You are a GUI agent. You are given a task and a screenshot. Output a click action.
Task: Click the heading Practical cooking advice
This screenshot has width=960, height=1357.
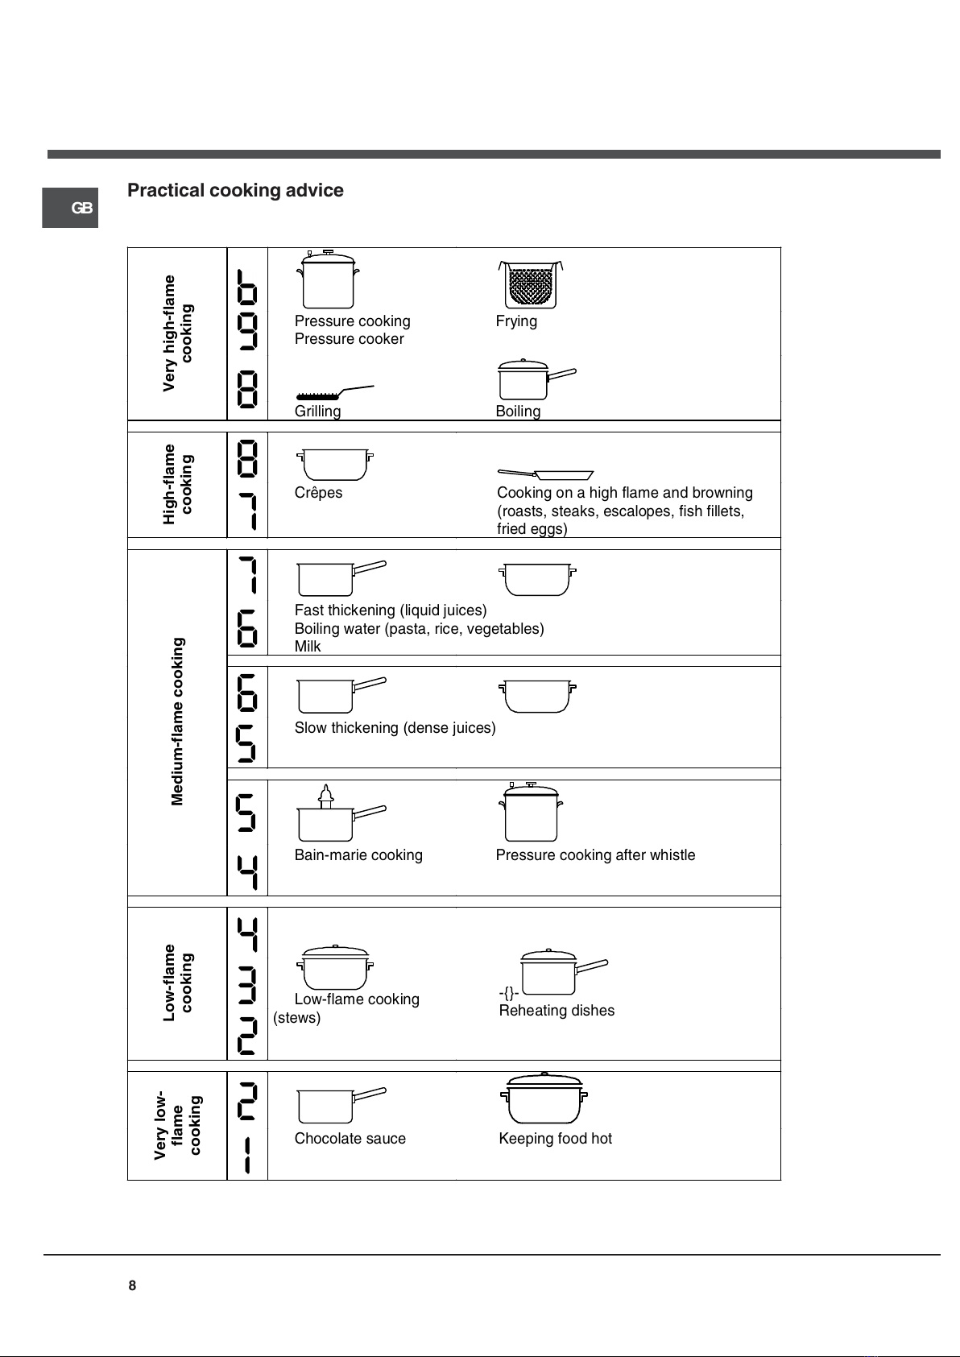tap(235, 190)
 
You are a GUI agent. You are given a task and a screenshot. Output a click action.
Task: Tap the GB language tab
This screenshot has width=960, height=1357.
tap(69, 208)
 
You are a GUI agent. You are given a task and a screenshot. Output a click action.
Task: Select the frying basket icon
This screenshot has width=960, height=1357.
tap(531, 284)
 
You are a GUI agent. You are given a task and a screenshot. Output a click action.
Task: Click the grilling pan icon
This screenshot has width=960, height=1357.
tap(335, 392)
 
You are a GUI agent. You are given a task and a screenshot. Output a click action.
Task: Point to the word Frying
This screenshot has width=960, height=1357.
tap(516, 321)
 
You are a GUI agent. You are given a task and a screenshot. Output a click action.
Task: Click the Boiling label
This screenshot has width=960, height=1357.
tap(518, 412)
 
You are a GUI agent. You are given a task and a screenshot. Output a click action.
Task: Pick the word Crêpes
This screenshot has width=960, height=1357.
tap(318, 493)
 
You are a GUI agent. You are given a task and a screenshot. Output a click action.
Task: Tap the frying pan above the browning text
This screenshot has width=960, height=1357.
tap(545, 474)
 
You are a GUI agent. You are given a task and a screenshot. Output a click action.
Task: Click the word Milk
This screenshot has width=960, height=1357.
tap(308, 647)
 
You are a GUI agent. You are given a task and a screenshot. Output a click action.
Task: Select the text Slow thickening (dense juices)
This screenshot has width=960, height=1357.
tap(395, 727)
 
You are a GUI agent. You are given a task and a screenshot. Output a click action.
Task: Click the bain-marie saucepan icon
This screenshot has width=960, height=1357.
tap(341, 813)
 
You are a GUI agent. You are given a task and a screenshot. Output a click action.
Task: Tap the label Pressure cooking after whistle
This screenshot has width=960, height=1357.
tap(595, 854)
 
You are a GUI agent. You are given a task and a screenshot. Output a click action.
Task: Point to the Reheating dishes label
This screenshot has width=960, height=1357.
tap(557, 1011)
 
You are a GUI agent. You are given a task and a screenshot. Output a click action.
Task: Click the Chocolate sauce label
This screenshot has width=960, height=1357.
tap(350, 1138)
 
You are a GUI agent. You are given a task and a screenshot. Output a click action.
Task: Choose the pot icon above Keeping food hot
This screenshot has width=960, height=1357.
tap(544, 1098)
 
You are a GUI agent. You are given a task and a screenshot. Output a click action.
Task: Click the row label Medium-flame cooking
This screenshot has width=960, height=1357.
tap(177, 722)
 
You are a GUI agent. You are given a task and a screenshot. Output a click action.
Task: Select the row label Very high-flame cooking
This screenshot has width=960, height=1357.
tap(177, 333)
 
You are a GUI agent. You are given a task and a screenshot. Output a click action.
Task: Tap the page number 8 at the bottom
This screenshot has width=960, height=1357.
tap(132, 1285)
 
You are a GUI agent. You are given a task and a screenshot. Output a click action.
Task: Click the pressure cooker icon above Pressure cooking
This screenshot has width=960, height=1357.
tap(328, 279)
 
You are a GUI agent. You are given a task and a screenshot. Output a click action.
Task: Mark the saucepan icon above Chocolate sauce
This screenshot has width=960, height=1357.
tap(341, 1106)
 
